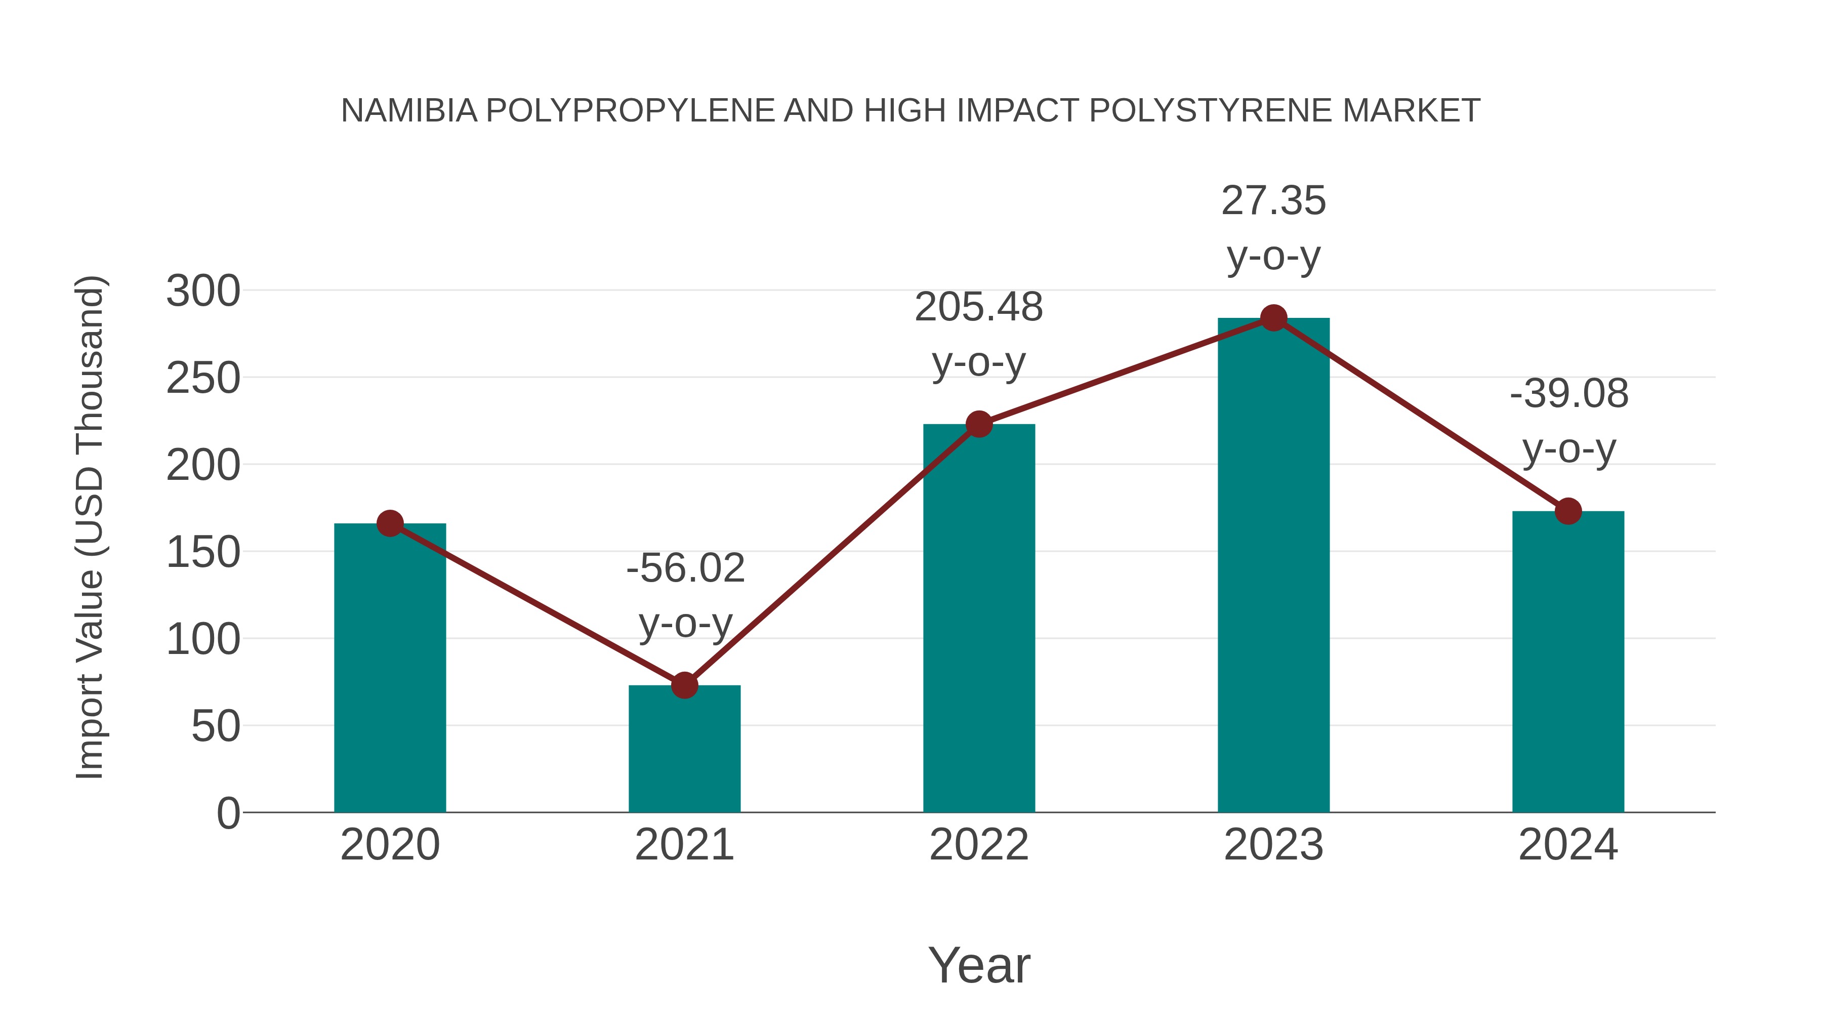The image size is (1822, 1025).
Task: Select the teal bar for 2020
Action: (x=390, y=669)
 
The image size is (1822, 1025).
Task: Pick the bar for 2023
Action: (x=1273, y=566)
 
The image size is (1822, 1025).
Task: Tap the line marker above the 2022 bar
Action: (x=979, y=425)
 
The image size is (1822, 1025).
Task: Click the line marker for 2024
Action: (x=1568, y=511)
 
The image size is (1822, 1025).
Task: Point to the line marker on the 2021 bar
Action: (x=684, y=685)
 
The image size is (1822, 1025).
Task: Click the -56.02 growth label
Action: (x=685, y=568)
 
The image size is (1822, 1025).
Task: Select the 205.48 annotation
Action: (x=979, y=307)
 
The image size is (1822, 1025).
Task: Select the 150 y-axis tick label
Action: (x=203, y=552)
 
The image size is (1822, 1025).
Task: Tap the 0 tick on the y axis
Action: (x=228, y=813)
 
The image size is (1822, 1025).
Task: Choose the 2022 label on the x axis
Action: (x=979, y=845)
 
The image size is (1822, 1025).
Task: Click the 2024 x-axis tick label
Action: (x=1568, y=845)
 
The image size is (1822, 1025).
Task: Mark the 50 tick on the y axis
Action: (x=216, y=726)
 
